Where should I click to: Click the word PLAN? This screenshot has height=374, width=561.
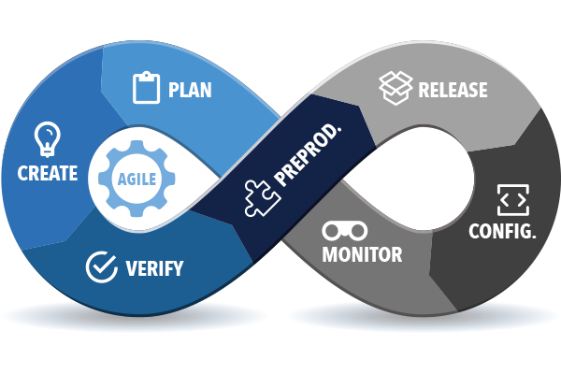point(190,90)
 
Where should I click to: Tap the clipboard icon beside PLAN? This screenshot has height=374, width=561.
point(147,88)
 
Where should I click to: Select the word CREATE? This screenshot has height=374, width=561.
point(48,173)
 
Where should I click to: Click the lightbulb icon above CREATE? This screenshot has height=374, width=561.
point(48,139)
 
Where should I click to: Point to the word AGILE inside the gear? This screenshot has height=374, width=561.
point(137,179)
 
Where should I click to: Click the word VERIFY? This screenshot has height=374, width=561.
point(154,268)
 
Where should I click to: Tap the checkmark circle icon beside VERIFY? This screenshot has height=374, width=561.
point(102,267)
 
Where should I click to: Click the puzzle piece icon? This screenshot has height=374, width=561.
point(262,198)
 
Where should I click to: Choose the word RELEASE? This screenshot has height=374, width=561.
point(453,90)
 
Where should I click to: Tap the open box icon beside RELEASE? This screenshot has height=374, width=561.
point(396,88)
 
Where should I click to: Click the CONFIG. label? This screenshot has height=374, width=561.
point(502,231)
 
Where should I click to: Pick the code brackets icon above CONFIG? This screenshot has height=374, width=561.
point(513,200)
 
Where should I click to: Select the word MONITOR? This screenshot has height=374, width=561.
point(362,254)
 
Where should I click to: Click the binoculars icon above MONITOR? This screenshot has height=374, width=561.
point(344,231)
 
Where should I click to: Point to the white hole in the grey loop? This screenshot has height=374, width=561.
point(423,178)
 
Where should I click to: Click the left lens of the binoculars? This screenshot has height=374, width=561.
point(332,231)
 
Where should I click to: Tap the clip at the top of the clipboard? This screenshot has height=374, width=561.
point(147,75)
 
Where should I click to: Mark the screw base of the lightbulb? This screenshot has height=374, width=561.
point(48,152)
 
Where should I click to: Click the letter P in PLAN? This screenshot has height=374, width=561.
point(173,90)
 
